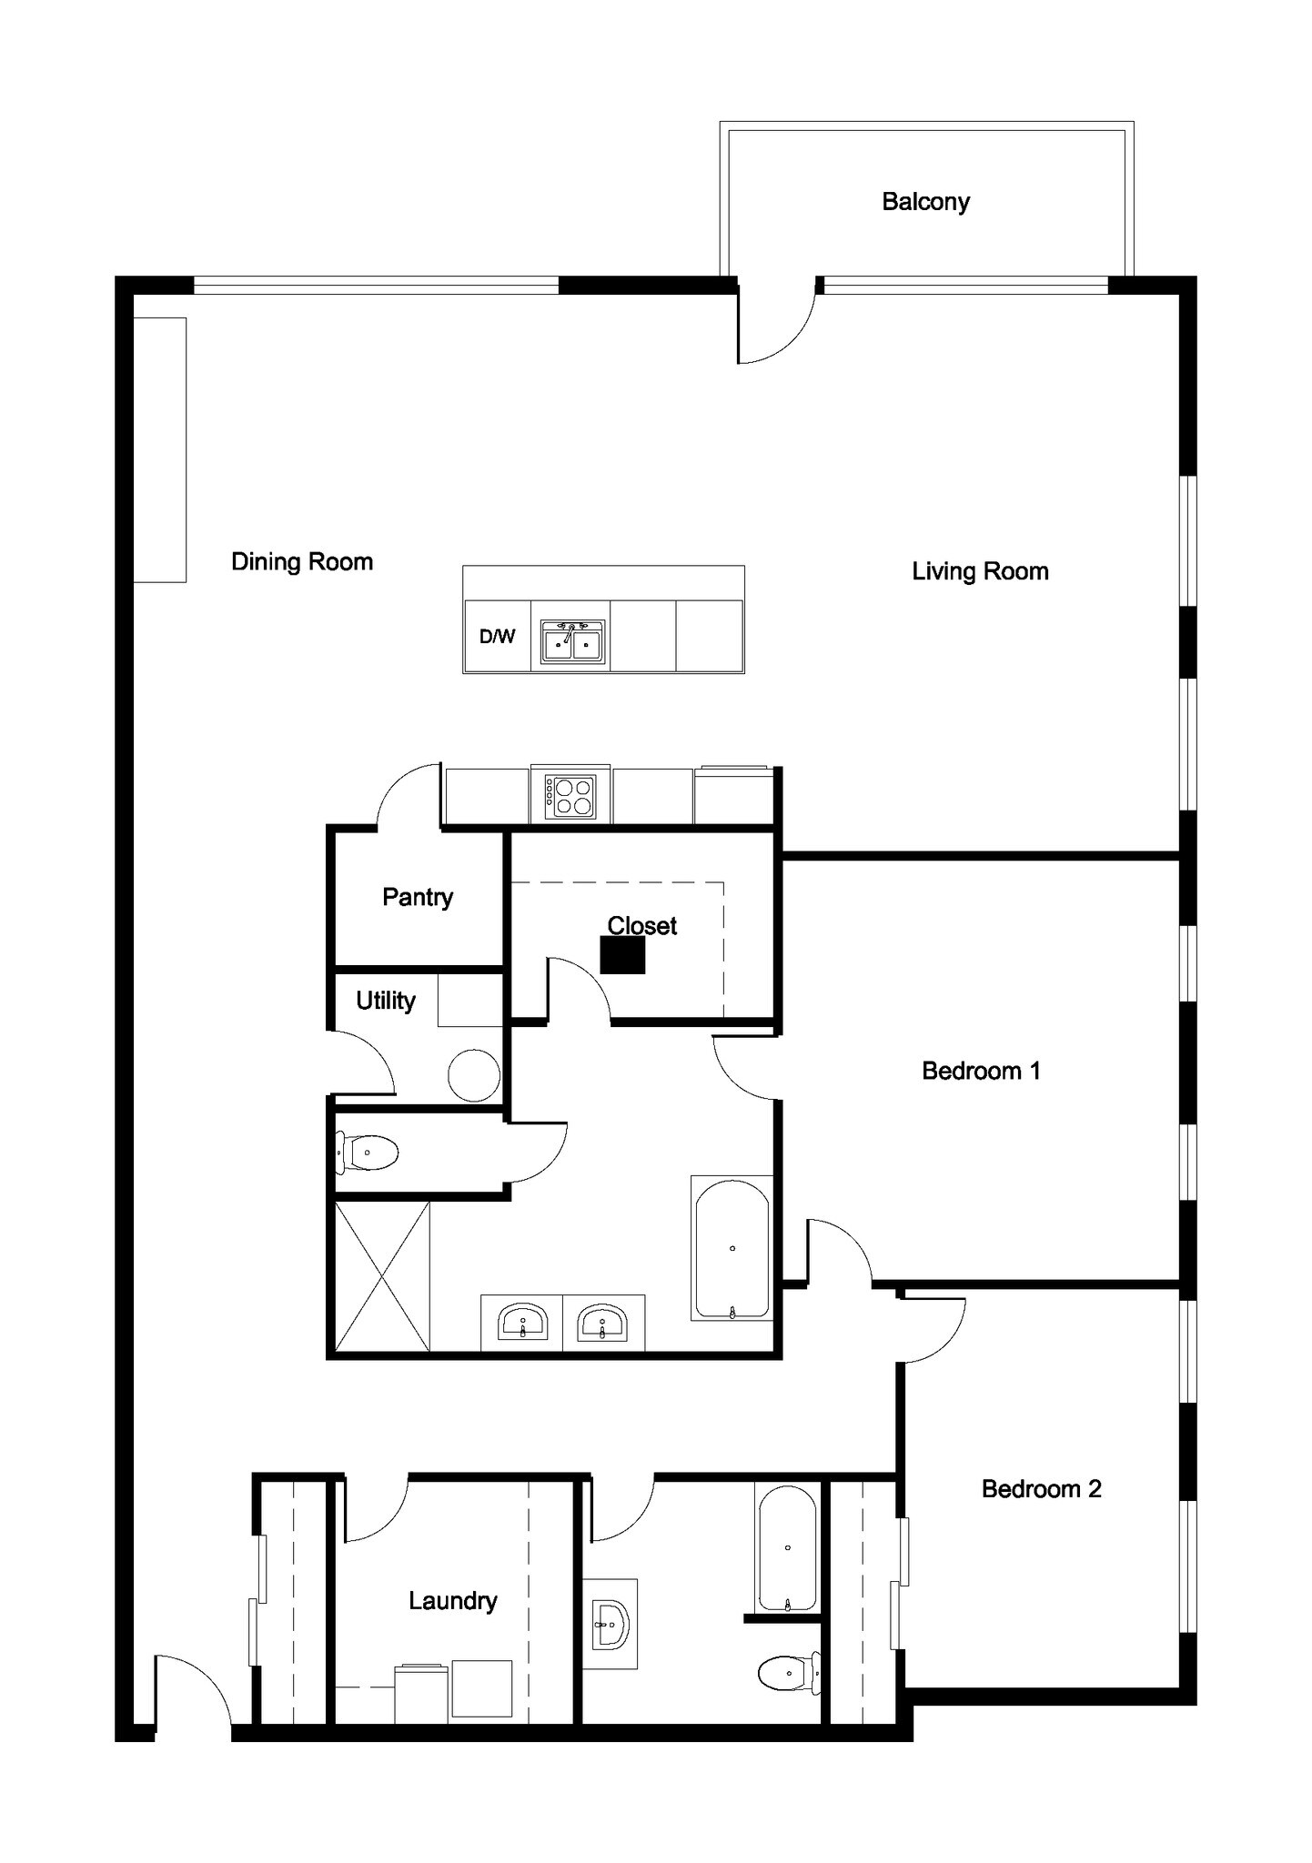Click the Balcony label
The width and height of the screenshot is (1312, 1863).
coord(925,201)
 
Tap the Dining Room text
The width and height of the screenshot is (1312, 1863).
coord(302,561)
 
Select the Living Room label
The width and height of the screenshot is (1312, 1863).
coord(980,571)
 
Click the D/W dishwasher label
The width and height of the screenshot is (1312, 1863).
coord(497,637)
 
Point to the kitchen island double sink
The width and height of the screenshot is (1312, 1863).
coord(572,642)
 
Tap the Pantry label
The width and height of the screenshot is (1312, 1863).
coord(418,897)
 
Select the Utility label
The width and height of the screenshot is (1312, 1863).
coord(386,1001)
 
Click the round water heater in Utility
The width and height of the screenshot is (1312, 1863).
coord(474,1075)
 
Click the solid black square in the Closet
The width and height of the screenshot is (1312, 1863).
coord(622,955)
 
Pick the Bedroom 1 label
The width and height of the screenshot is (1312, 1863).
coord(981,1071)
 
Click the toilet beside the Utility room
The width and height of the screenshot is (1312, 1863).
coord(368,1153)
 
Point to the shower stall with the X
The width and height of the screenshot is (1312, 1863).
coord(382,1275)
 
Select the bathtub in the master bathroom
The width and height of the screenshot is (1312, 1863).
coord(732,1248)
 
